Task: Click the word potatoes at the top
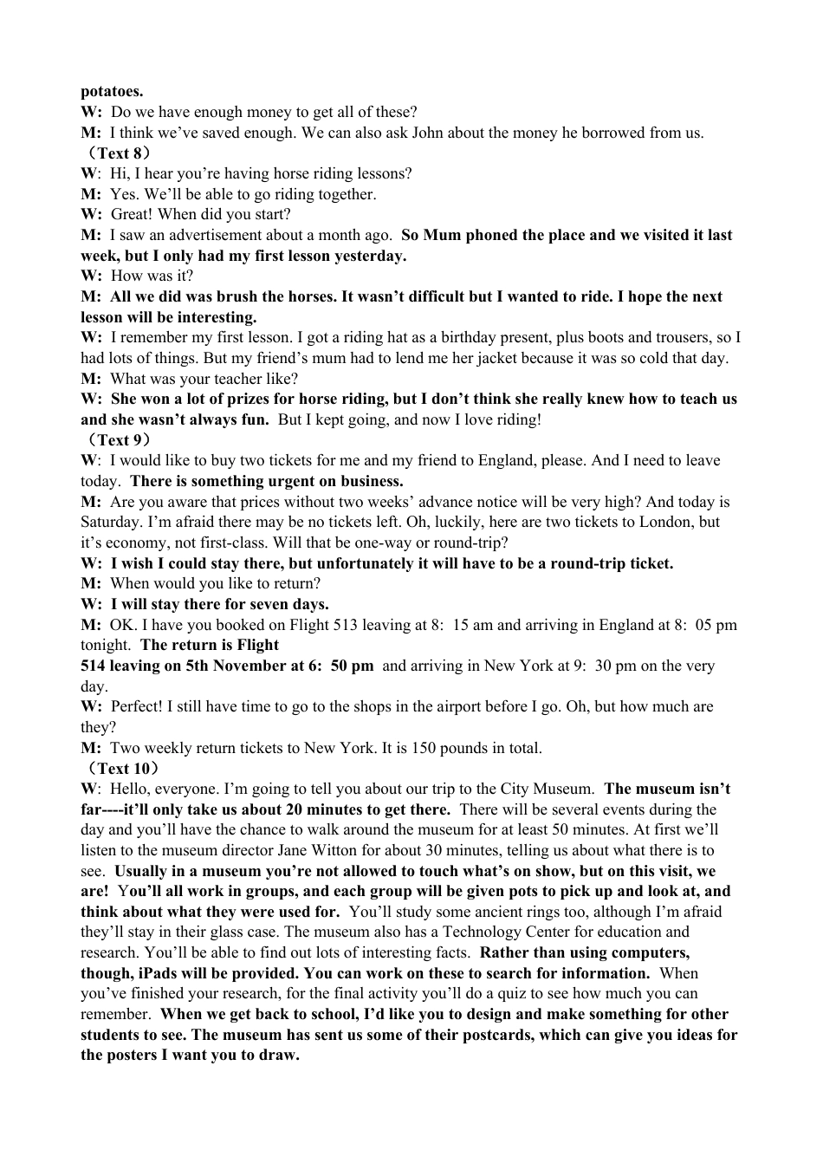[112, 91]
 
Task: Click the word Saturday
[111, 522]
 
